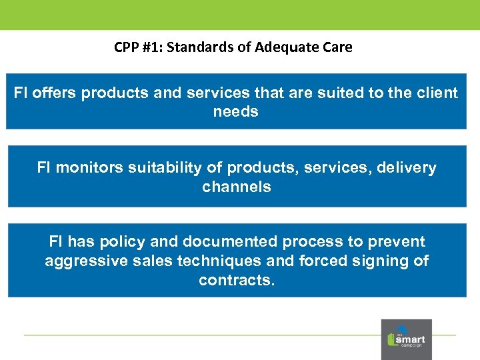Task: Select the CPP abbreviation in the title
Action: [126, 47]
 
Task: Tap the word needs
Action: [235, 111]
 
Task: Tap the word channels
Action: [236, 187]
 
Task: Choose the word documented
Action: [225, 241]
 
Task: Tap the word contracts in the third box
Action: [236, 280]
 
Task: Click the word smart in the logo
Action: [410, 338]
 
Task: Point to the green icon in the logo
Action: [391, 339]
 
